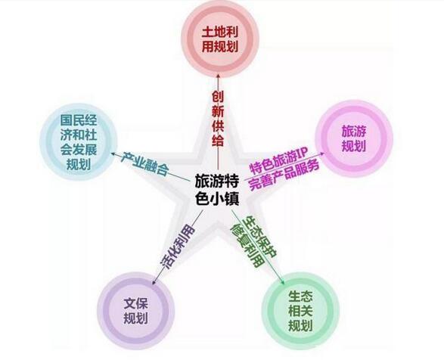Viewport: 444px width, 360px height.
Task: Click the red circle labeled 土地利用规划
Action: (x=220, y=39)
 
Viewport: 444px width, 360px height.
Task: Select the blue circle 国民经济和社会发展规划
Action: (x=79, y=141)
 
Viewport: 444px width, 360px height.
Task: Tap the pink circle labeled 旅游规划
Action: (x=354, y=138)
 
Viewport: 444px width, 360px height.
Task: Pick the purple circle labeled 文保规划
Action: (x=136, y=311)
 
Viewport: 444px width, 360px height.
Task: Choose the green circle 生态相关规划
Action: (x=300, y=311)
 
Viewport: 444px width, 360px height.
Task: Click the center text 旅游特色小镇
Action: (x=217, y=190)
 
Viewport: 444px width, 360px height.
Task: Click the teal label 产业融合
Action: (x=144, y=164)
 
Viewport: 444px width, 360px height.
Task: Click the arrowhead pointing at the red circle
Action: (x=219, y=76)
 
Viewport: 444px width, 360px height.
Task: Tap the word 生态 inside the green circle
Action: (x=301, y=296)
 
